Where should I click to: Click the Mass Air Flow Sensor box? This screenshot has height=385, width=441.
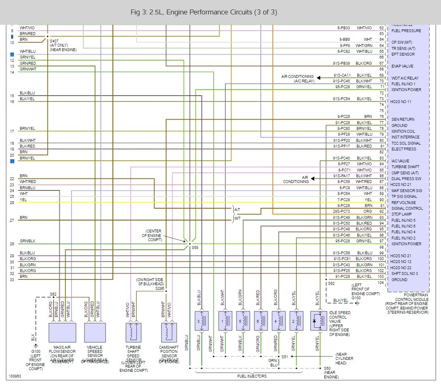(x=62, y=333)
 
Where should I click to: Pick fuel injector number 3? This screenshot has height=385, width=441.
(x=202, y=321)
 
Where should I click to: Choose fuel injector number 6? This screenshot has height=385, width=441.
(x=261, y=321)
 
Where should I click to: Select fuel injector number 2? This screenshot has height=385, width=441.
(x=296, y=321)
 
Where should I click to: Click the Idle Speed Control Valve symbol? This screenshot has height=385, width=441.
(x=318, y=321)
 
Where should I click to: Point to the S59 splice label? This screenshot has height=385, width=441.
(x=195, y=247)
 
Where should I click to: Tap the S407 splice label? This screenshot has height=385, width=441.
(x=54, y=41)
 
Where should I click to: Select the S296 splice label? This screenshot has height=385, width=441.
(x=160, y=289)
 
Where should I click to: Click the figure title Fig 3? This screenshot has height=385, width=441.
(x=203, y=12)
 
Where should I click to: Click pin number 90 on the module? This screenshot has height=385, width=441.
(x=382, y=200)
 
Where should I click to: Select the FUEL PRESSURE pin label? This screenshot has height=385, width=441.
(x=406, y=31)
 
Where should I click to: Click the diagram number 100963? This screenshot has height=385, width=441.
(x=15, y=376)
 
